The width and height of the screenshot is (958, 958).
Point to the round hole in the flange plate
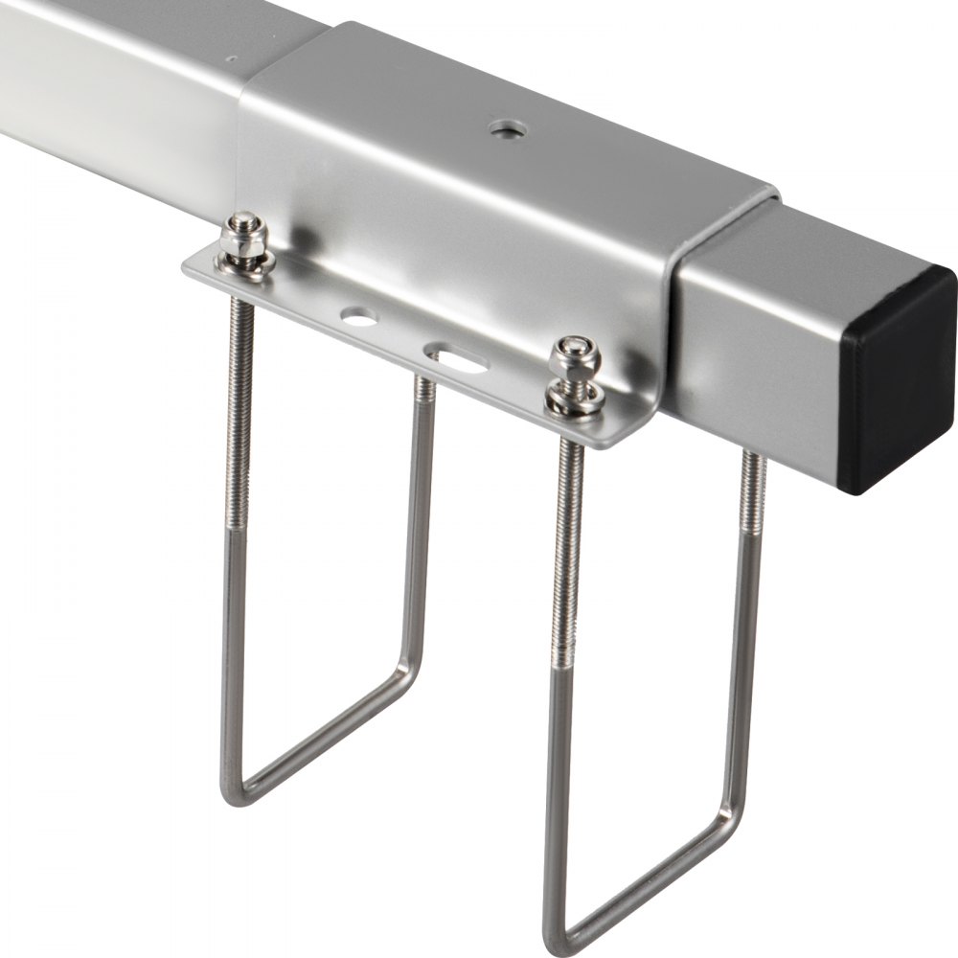[358, 315]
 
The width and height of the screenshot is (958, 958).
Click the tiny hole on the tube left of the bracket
[232, 58]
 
